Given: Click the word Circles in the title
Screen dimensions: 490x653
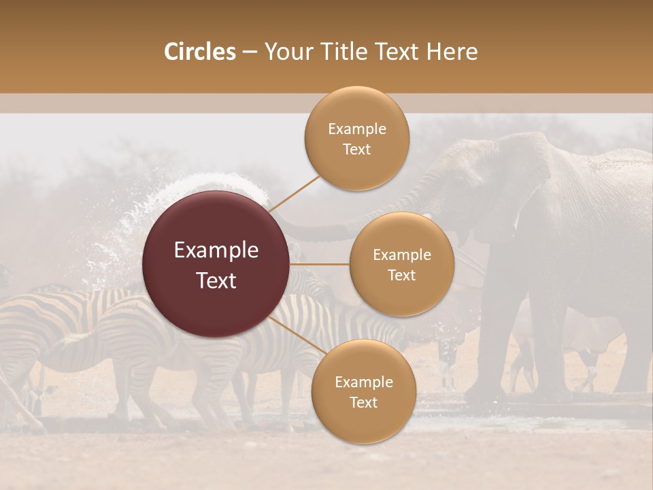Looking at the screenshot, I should click(199, 52).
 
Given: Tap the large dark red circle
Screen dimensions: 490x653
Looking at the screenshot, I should click(216, 264).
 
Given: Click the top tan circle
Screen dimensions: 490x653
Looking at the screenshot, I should click(356, 139).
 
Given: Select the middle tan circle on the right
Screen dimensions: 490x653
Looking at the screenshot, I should click(401, 264).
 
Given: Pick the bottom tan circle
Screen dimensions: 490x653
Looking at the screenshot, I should click(363, 391).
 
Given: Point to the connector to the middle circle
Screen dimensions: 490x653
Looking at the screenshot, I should click(320, 264).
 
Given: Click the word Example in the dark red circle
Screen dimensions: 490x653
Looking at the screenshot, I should click(216, 250).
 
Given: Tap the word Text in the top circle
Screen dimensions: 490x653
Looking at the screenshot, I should click(356, 149).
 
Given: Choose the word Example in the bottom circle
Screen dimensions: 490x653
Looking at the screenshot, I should click(363, 382).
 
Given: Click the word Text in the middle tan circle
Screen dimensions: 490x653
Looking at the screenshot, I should click(401, 275).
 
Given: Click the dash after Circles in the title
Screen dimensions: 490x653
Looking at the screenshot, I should click(250, 52).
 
